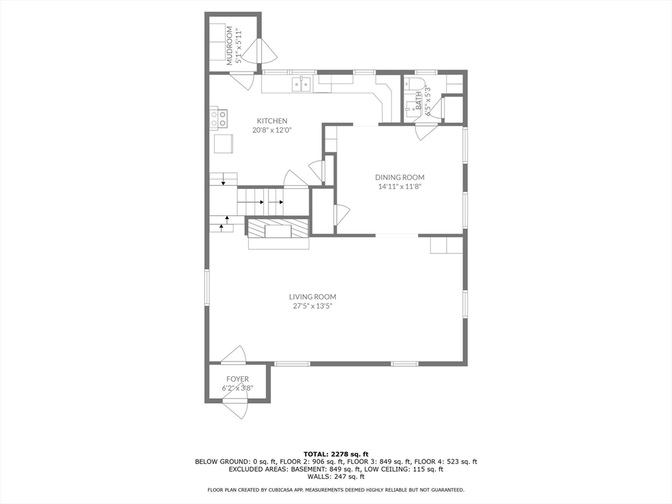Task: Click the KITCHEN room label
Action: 272,121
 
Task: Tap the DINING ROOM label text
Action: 400,177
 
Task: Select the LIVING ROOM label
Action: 312,297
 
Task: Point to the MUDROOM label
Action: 230,45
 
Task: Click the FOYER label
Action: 238,379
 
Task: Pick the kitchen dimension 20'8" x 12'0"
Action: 272,130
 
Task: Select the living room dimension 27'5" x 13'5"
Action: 312,306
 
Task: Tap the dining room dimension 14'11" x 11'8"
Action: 400,186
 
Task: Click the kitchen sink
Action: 302,84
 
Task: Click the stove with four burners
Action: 219,118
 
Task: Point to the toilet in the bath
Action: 413,84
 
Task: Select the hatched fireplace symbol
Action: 278,228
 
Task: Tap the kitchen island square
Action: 224,143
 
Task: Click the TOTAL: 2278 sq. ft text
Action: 336,454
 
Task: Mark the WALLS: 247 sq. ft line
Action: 336,477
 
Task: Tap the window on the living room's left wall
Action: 206,288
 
